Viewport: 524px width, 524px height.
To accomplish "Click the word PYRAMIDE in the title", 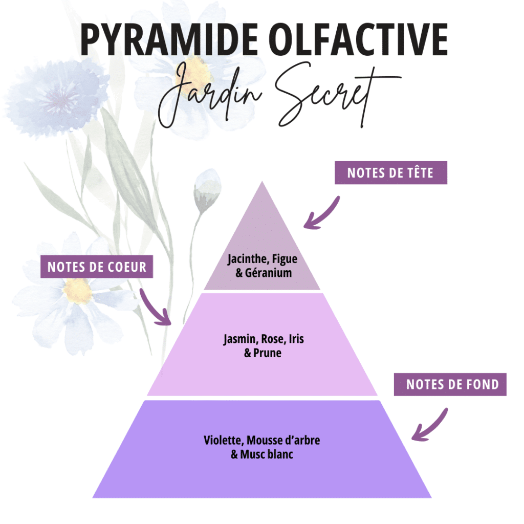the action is tap(169, 39).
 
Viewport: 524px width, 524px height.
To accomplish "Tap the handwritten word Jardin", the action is tap(210, 95).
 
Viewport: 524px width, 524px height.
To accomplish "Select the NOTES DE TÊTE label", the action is tap(390, 173).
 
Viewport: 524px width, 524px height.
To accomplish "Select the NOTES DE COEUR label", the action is tap(97, 267).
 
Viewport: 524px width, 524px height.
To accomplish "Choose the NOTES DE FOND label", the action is tap(450, 384).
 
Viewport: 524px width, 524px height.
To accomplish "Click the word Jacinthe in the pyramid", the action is tap(247, 259).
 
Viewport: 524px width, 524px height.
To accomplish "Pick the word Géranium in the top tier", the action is tap(268, 273).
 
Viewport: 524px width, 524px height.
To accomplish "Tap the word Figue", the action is tap(285, 259).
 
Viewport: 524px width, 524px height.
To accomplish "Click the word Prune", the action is tap(267, 353).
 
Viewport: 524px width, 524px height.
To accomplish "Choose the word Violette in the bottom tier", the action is tap(224, 441).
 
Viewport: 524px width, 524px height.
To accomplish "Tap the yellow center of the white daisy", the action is tap(77, 290).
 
